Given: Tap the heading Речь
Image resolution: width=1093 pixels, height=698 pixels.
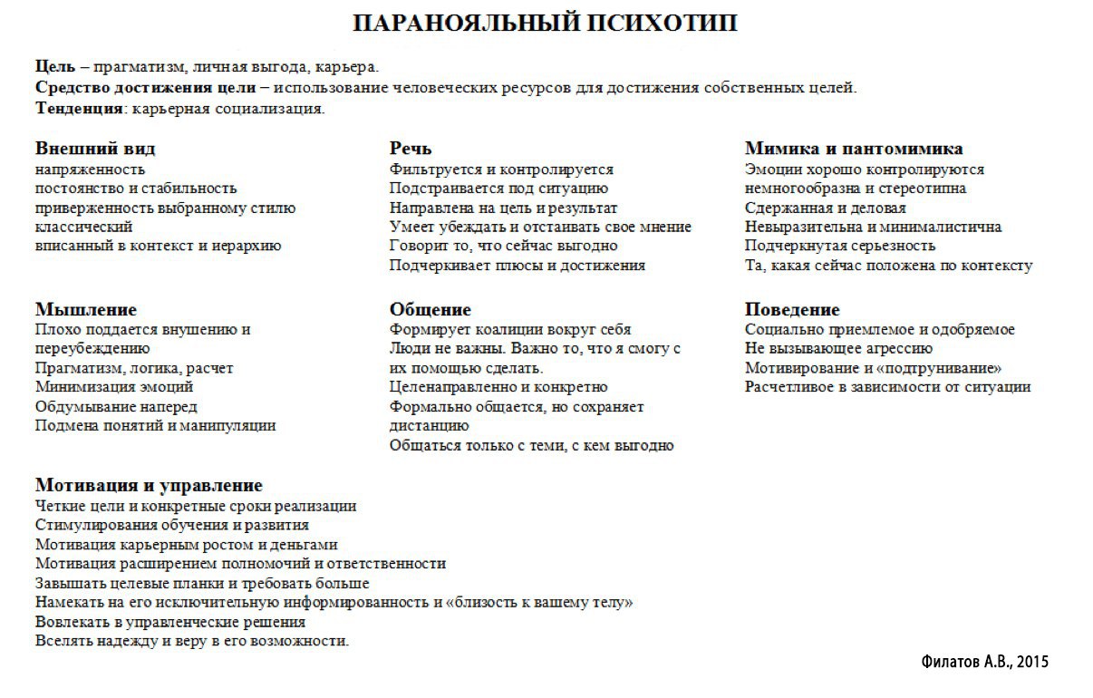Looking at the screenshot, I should tap(411, 148).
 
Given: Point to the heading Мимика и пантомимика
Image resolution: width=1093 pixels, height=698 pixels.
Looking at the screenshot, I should tap(853, 148).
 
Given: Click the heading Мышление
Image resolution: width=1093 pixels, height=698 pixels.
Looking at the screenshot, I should tap(85, 309).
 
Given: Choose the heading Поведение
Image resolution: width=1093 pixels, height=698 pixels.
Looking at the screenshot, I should tap(792, 309).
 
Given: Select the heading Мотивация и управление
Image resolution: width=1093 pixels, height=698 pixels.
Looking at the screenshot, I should tap(149, 485).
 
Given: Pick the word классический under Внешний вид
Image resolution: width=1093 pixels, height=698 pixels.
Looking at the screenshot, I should tap(83, 227).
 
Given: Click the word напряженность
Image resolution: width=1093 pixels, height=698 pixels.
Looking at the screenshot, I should tap(90, 170).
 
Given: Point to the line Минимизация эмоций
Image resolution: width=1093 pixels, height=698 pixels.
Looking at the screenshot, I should tap(102, 387).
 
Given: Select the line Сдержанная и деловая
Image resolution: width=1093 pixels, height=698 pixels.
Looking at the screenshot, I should tap(825, 208).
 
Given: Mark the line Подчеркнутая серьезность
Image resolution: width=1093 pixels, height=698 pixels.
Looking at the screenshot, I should tap(840, 246).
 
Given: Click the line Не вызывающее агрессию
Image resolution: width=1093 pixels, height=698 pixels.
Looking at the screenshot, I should tap(838, 349).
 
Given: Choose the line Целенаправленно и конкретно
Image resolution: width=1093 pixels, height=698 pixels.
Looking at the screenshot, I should tap(498, 387).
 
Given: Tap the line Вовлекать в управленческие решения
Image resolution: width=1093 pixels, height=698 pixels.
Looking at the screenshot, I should tap(170, 622).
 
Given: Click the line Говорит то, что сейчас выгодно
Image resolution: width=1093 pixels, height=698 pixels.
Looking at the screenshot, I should tap(503, 246).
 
